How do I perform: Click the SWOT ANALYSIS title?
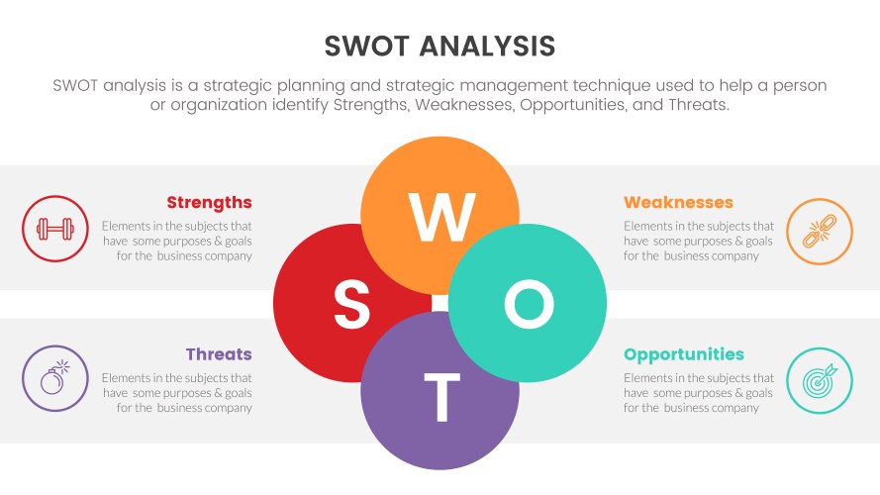click(440, 46)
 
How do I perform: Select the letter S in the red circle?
click(351, 304)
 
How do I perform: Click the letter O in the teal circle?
click(529, 304)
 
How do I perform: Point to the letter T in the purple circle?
click(440, 396)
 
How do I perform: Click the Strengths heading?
click(209, 203)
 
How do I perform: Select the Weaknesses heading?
click(678, 203)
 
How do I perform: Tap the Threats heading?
click(218, 354)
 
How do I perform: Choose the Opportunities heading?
click(684, 354)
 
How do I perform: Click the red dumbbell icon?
click(54, 230)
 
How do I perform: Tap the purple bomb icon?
click(54, 378)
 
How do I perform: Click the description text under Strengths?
click(177, 241)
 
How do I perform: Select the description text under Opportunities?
click(699, 393)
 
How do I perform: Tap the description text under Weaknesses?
click(699, 241)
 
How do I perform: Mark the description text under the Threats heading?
click(177, 393)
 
